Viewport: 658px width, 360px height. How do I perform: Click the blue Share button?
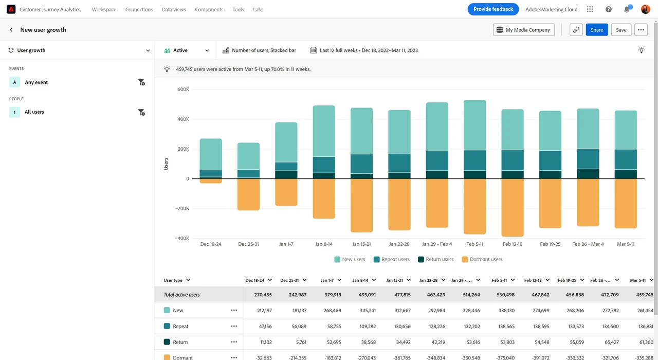coord(597,30)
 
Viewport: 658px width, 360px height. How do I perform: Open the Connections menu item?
coord(139,9)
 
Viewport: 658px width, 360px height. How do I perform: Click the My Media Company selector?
coord(524,30)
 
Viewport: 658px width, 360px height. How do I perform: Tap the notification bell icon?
coord(627,9)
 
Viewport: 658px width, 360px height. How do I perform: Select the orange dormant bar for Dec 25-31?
coord(248,194)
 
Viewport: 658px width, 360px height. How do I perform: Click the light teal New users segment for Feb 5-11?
coord(474,125)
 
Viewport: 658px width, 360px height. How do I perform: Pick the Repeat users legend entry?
coord(392,259)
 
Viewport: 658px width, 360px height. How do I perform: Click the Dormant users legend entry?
coord(482,259)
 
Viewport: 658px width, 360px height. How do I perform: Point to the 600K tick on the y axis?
coord(184,89)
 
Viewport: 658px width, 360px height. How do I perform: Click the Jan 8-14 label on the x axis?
coord(324,244)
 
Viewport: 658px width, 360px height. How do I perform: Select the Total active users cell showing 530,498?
coord(505,295)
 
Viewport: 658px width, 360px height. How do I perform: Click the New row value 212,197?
coord(264,310)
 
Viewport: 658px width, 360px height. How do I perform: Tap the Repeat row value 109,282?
coord(368,326)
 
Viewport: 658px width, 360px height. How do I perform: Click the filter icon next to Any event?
coord(141,82)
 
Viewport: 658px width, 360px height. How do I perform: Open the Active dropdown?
coord(187,50)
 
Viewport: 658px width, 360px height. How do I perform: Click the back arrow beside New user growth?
coord(11,30)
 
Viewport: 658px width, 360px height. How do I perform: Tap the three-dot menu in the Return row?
coord(234,342)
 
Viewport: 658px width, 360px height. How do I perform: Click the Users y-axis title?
coord(166,164)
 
